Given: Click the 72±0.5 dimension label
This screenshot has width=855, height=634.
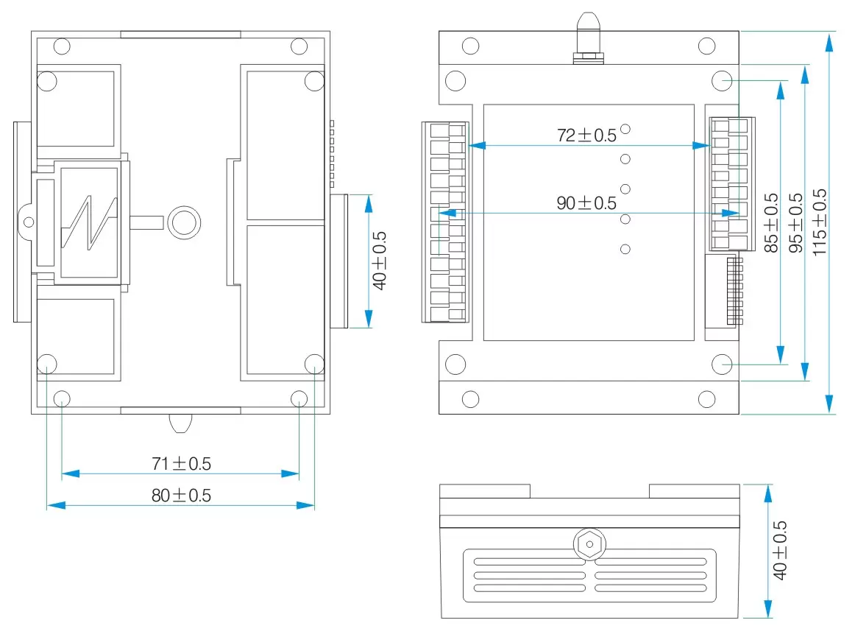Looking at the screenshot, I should point(586,135).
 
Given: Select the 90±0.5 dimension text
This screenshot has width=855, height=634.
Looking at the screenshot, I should point(586,203).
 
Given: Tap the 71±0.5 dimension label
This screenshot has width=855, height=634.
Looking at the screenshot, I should point(181,464).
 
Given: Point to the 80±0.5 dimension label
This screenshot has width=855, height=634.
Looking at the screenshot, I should point(181,496).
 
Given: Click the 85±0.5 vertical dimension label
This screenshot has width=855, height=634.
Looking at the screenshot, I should point(772,223).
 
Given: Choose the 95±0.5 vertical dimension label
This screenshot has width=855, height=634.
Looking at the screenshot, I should point(796,223).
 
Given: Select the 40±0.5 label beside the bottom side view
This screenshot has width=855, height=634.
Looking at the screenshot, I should point(781,550).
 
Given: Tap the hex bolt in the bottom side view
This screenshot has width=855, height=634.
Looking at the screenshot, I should point(589,545).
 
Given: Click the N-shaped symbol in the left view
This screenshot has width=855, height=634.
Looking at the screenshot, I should point(89,222).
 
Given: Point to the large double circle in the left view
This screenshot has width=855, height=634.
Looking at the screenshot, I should point(182,221).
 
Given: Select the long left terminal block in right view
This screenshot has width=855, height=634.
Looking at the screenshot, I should point(444,222).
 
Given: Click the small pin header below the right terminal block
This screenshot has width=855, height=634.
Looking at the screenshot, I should point(734,291).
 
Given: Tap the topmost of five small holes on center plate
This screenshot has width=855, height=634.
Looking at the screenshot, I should point(625,129).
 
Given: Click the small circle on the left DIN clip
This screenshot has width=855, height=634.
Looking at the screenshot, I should point(28,222).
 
